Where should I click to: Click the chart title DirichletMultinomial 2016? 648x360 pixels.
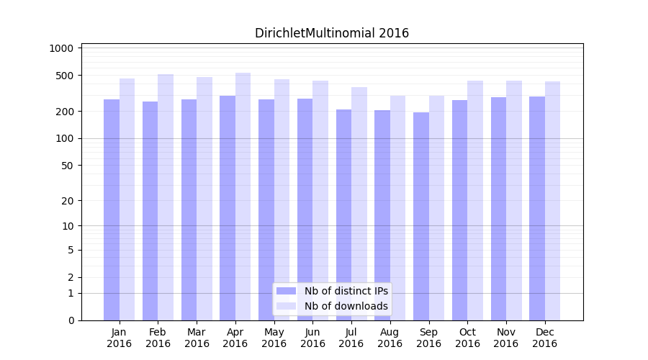click(x=332, y=33)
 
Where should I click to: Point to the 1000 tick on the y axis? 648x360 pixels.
click(x=61, y=48)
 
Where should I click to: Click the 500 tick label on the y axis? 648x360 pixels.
click(x=64, y=76)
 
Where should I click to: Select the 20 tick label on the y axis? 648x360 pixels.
click(x=67, y=201)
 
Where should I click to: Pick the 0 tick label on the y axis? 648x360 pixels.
click(x=71, y=320)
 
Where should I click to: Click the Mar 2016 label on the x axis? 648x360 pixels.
click(x=197, y=338)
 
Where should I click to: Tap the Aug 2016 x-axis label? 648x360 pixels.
click(x=390, y=338)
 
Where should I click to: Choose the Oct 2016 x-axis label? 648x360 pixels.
click(x=467, y=338)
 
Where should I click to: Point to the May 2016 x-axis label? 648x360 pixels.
click(x=274, y=338)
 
